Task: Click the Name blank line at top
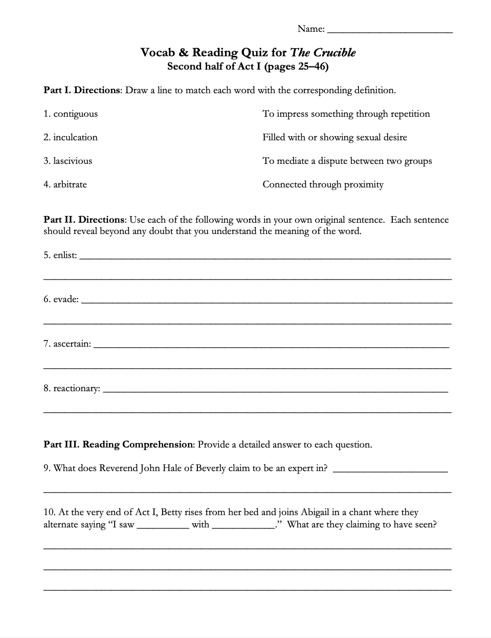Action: pyautogui.click(x=389, y=31)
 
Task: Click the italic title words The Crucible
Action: pyautogui.click(x=323, y=53)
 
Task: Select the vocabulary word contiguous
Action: pyautogui.click(x=75, y=114)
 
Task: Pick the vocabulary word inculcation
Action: pyautogui.click(x=75, y=138)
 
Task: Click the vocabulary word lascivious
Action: pyautogui.click(x=73, y=161)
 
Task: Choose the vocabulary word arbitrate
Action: pyautogui.click(x=70, y=185)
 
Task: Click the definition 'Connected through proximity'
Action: pyautogui.click(x=323, y=185)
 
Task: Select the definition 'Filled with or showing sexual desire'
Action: pyautogui.click(x=334, y=138)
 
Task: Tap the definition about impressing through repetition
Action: pyautogui.click(x=346, y=114)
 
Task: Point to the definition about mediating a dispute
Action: pyautogui.click(x=347, y=161)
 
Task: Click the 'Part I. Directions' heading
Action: pyautogui.click(x=81, y=91)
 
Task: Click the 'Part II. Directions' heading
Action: pyautogui.click(x=84, y=220)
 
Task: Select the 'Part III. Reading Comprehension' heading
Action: pyautogui.click(x=118, y=444)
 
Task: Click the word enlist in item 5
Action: pyautogui.click(x=64, y=255)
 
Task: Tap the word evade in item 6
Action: pyautogui.click(x=65, y=300)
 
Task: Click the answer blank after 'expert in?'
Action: pyautogui.click(x=390, y=470)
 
